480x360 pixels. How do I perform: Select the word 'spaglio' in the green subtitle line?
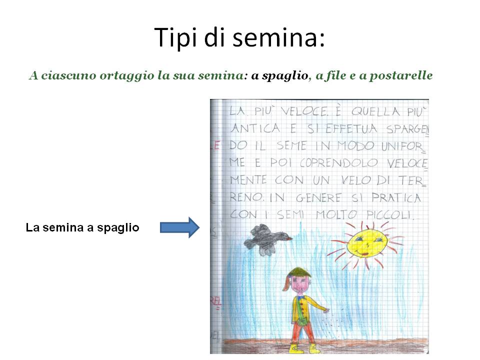coord(285,75)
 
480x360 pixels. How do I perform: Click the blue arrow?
coord(179,227)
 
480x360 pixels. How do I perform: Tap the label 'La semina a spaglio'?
coord(82,228)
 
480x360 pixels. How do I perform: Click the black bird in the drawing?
coord(267,239)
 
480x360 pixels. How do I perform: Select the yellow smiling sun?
coord(366,242)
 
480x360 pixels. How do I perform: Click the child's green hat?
coord(300,272)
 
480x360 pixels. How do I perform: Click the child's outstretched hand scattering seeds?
coord(326,311)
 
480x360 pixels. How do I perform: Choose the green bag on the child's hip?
coord(302,321)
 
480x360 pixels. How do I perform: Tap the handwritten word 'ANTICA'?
coord(255,128)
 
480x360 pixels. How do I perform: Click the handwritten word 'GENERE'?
coord(318,198)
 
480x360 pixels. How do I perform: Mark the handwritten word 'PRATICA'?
coord(396,198)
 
